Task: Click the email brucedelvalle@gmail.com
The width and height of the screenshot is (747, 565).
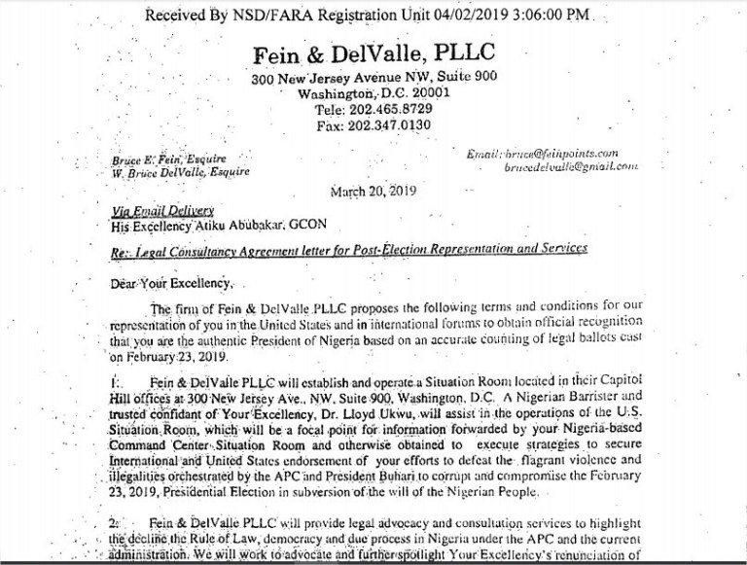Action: [x=571, y=167]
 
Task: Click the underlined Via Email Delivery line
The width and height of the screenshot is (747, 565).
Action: [x=162, y=210]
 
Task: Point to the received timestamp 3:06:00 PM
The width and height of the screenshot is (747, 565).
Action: [x=573, y=15]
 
